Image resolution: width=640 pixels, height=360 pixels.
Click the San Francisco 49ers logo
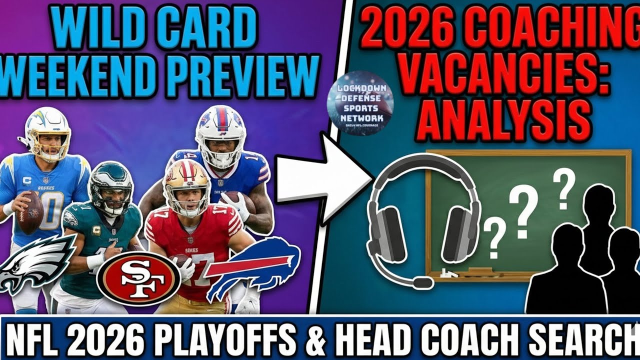(x=138, y=279)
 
